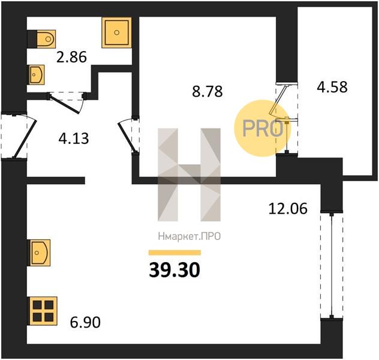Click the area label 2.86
click(x=71, y=58)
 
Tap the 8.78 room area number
click(x=207, y=92)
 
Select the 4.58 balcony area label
click(x=332, y=87)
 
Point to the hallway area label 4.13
click(x=74, y=139)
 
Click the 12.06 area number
click(x=288, y=209)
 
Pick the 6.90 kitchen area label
click(x=85, y=323)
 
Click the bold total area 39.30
click(x=175, y=270)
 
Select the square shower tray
click(x=117, y=32)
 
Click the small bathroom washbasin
click(x=37, y=75)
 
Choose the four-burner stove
click(x=43, y=311)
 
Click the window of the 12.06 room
click(x=332, y=265)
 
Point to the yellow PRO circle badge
click(x=263, y=128)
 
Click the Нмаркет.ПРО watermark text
click(x=189, y=236)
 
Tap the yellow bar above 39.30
click(x=175, y=253)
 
